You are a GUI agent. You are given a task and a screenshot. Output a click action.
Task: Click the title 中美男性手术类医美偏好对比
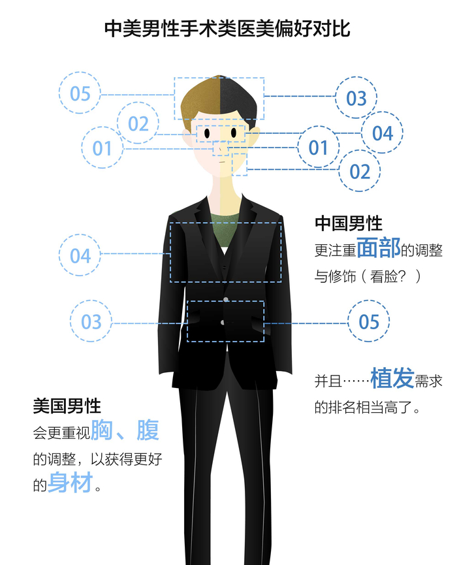pyautogui.click(x=228, y=29)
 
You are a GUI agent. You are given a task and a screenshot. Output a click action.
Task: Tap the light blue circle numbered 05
pyautogui.click(x=80, y=93)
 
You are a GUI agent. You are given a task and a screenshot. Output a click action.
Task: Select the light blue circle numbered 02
pyautogui.click(x=138, y=123)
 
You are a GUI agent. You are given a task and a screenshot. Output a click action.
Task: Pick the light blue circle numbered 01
pyautogui.click(x=102, y=148)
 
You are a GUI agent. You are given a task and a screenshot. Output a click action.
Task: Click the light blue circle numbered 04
pyautogui.click(x=80, y=255)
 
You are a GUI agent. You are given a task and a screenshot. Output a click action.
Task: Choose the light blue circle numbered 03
pyautogui.click(x=91, y=321)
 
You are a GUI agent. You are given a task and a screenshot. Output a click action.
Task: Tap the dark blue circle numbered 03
pyautogui.click(x=356, y=99)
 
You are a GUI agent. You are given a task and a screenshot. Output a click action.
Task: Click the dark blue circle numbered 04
pyautogui.click(x=383, y=133)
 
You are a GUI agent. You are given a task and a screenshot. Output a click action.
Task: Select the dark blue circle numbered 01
pyautogui.click(x=318, y=148)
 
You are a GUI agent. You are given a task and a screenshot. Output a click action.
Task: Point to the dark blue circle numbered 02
pyautogui.click(x=360, y=171)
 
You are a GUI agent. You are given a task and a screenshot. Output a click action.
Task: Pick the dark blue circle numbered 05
pyautogui.click(x=369, y=321)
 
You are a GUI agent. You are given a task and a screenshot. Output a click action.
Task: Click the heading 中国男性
pyautogui.click(x=349, y=224)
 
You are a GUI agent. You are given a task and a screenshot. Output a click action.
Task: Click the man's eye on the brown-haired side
pyautogui.click(x=207, y=134)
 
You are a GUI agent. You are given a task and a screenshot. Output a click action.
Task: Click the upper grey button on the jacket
pyautogui.click(x=225, y=299)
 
